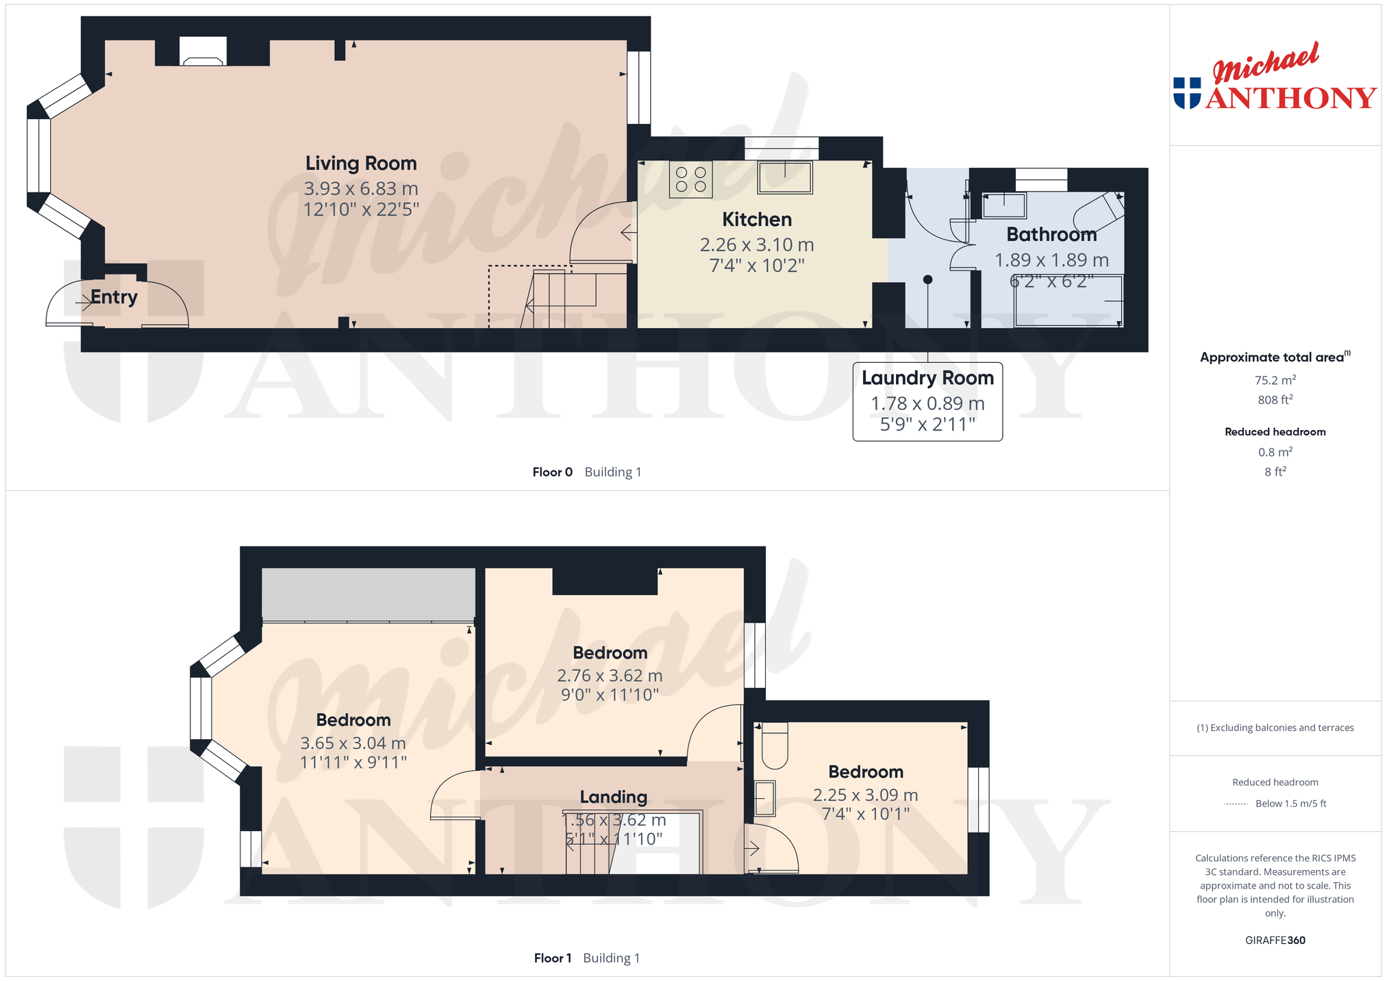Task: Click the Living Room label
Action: click(x=361, y=164)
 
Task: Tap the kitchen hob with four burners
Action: click(x=690, y=179)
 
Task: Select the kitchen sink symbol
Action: click(x=785, y=177)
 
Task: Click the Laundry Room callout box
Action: click(x=927, y=401)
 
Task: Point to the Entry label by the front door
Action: click(x=114, y=297)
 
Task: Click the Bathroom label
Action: click(x=1051, y=235)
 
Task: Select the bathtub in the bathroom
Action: click(x=1069, y=301)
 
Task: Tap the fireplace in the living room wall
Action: click(x=203, y=51)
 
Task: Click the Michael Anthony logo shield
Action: click(x=1187, y=93)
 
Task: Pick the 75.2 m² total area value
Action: click(x=1275, y=380)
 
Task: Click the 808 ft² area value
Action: click(x=1275, y=400)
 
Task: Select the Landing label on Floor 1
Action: click(x=613, y=797)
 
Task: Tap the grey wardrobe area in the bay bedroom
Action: click(x=368, y=594)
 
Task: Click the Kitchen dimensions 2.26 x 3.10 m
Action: click(x=757, y=245)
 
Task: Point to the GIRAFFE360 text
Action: click(x=1275, y=940)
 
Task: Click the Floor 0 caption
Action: click(x=552, y=472)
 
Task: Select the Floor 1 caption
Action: click(x=552, y=958)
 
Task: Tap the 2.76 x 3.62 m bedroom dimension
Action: click(x=610, y=676)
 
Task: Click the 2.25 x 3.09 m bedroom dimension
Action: click(x=865, y=795)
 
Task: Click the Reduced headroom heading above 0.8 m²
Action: click(x=1275, y=432)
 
